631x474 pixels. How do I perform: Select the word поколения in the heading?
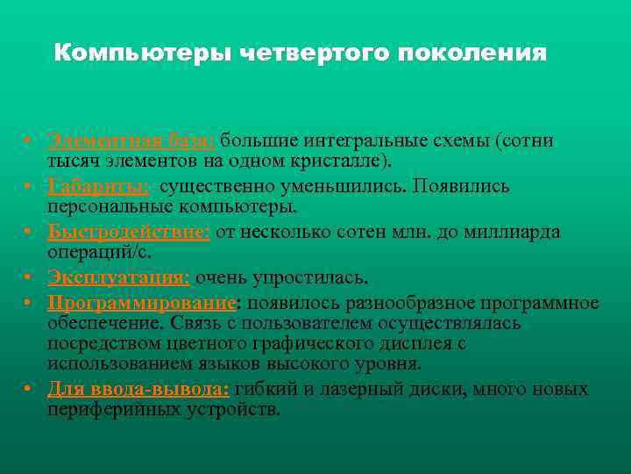click(472, 54)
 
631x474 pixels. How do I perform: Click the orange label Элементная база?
click(131, 141)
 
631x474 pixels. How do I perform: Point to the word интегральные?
click(358, 141)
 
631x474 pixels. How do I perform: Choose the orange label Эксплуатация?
click(119, 278)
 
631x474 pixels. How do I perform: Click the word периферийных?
click(103, 409)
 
